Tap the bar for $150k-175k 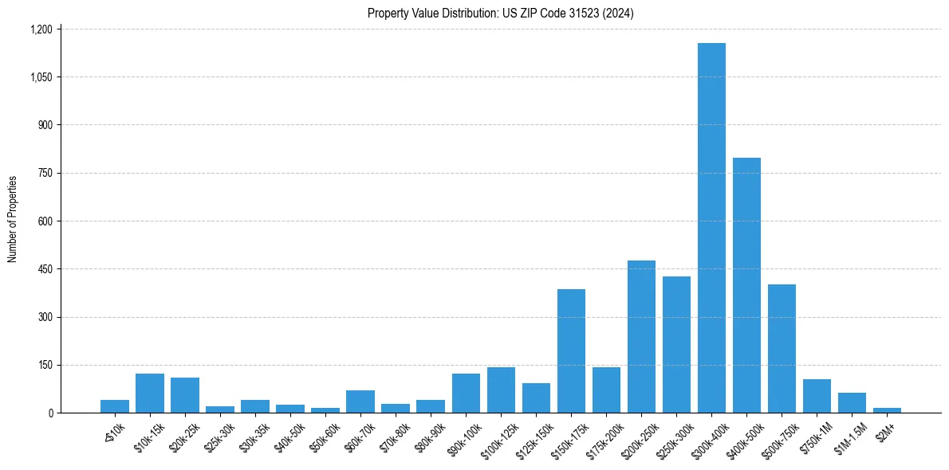[571, 351]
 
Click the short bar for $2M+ [887, 409]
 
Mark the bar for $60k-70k [360, 401]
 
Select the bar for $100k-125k [501, 390]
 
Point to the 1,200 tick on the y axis [41, 29]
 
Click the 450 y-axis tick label [45, 269]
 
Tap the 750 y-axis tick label [45, 173]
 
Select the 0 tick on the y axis [49, 413]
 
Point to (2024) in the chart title [619, 14]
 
